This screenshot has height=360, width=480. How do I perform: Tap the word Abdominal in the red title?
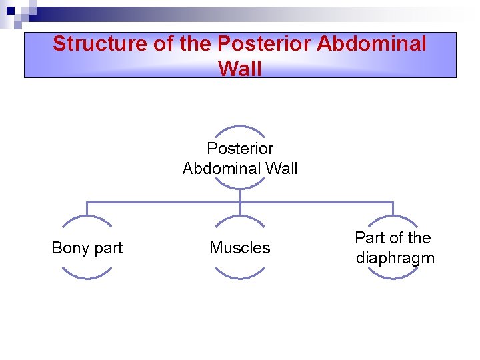point(371,43)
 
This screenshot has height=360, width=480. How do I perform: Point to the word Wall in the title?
point(240,67)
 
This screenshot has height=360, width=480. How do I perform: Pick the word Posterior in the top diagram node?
point(240,148)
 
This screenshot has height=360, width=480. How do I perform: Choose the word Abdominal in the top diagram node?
point(223,169)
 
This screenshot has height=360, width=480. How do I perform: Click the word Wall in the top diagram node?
point(282,169)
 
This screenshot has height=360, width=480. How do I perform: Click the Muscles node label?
point(240,248)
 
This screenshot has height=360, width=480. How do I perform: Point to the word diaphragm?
point(395,258)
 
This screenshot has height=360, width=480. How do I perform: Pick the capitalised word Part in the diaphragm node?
point(369,238)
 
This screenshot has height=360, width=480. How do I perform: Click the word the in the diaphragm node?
point(419,238)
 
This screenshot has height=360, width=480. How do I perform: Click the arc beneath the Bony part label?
point(87,277)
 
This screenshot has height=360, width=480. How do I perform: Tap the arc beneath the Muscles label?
point(240,277)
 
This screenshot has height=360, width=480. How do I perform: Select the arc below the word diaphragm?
point(393,277)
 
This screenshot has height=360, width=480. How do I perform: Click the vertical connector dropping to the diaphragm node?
point(393,209)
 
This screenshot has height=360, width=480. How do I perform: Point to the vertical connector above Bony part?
point(87,209)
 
